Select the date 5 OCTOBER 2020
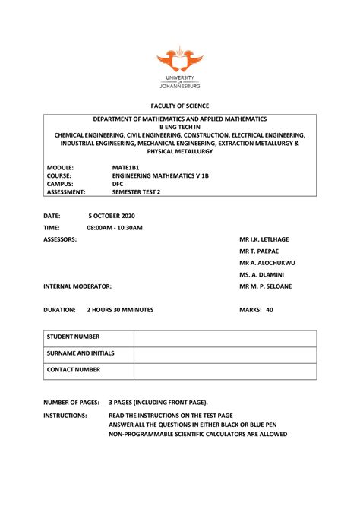[x=117, y=217]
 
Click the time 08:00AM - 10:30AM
[x=115, y=228]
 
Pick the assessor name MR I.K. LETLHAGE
[x=264, y=239]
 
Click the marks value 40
[x=270, y=310]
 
